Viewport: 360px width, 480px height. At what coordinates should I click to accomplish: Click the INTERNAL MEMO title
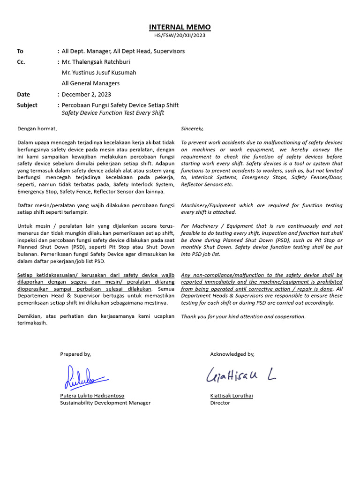tap(180, 27)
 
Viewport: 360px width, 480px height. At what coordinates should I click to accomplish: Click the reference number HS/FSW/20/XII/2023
tap(180, 35)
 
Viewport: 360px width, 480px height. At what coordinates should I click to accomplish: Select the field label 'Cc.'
tap(21, 62)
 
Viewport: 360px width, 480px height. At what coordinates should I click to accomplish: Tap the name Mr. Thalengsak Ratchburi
tap(96, 62)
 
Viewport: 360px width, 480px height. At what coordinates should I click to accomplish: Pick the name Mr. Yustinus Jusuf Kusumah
tap(99, 73)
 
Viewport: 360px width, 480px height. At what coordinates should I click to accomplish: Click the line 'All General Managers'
tap(90, 83)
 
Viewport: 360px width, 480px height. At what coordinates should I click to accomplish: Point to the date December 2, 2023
tap(87, 94)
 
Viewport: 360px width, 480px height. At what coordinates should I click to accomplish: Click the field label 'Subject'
tap(27, 105)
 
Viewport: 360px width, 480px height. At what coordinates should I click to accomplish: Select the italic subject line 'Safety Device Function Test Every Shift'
tap(113, 113)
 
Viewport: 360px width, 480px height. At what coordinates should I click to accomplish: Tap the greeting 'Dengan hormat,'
tap(37, 128)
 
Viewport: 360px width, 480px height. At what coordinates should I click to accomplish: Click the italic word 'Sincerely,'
tap(192, 128)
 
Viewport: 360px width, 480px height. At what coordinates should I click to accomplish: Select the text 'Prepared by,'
tap(75, 354)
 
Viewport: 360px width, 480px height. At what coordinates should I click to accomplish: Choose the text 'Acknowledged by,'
tap(232, 354)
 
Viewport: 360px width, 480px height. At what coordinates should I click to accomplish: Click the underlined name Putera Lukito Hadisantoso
tap(92, 396)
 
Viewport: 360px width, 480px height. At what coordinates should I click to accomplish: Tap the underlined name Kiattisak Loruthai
tap(232, 396)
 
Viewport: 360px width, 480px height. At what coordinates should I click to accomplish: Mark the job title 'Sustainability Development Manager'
tap(105, 403)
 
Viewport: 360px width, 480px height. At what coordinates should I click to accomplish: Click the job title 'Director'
tap(220, 403)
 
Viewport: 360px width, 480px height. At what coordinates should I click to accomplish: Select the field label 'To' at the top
tap(20, 51)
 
